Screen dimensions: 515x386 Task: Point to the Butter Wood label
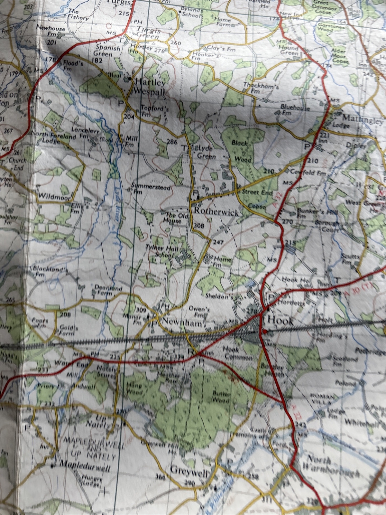[221, 397]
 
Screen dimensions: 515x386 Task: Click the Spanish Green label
[108, 51]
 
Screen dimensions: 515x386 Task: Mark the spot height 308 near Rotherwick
[199, 226]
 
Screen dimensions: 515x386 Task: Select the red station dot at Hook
[264, 331]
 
